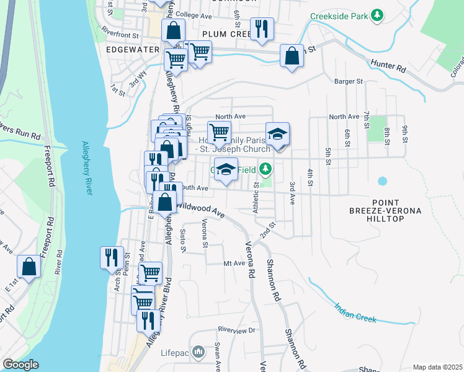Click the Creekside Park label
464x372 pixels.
point(339,15)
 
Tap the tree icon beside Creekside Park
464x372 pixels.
point(376,15)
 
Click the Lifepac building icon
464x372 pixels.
point(199,353)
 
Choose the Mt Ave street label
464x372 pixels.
point(235,263)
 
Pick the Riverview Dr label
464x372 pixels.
point(236,330)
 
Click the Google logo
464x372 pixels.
point(20,365)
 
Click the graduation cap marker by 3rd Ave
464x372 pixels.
point(277,135)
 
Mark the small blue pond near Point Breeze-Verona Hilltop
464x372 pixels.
point(382,182)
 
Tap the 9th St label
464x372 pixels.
point(405,134)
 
